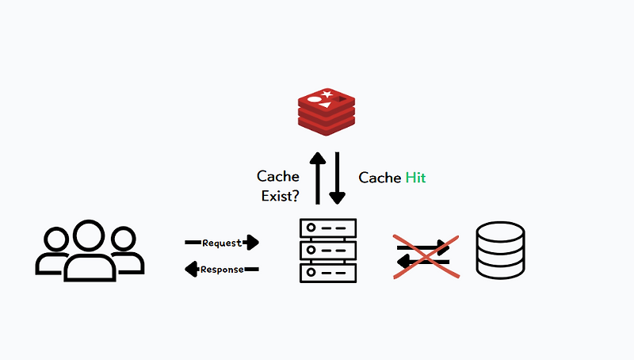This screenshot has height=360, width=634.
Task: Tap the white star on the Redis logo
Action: (327, 97)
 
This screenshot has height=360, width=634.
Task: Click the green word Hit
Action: (415, 178)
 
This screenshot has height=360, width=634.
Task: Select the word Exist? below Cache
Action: (280, 196)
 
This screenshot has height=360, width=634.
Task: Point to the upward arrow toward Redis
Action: (317, 178)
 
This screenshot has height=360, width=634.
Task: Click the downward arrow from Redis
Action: (338, 178)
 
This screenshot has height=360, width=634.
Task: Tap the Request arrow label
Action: (221, 243)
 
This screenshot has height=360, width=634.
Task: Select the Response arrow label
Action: (222, 270)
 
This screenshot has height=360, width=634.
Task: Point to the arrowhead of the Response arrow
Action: (191, 270)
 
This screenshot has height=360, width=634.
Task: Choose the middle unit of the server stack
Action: (328, 251)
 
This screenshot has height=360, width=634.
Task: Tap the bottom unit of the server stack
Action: (328, 273)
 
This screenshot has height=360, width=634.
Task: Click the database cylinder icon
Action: (500, 250)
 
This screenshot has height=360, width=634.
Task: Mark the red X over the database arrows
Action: (426, 257)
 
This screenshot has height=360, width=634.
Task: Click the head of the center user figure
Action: (89, 235)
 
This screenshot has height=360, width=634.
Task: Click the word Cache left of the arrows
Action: (277, 176)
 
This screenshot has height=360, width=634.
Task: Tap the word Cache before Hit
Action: (380, 178)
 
